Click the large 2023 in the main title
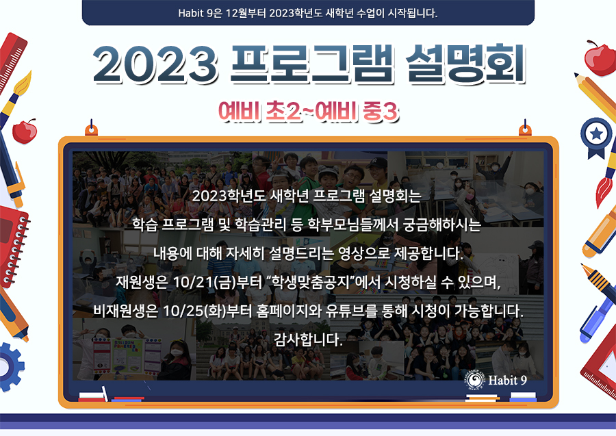[x=155, y=64]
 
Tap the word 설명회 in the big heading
[x=465, y=64]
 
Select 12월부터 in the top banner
[x=246, y=13]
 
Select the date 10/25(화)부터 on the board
[x=207, y=311]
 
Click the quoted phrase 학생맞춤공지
[x=310, y=282]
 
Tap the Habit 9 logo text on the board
[x=507, y=381]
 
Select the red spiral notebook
[x=13, y=246]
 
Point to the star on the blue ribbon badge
[x=597, y=134]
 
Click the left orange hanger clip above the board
[x=91, y=129]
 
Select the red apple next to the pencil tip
[x=600, y=58]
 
